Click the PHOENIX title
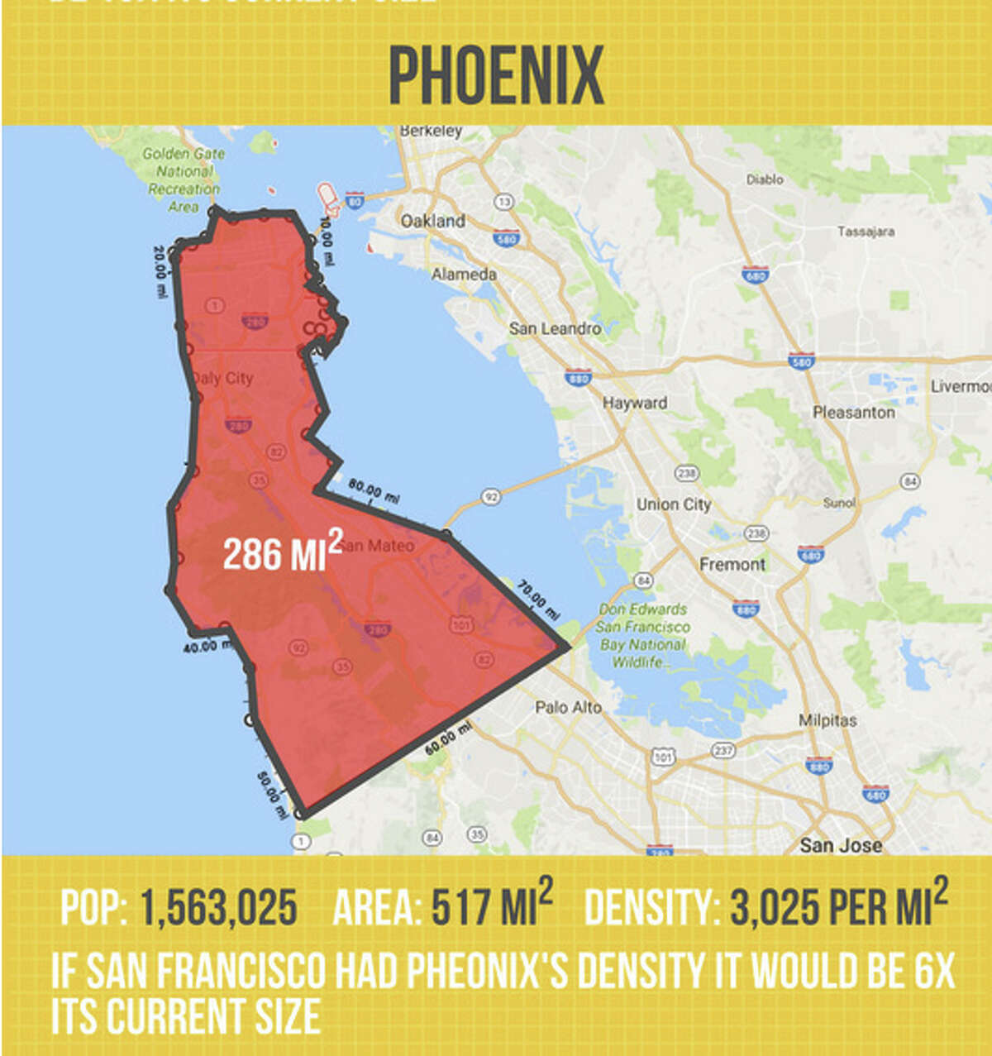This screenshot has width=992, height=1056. pyautogui.click(x=496, y=75)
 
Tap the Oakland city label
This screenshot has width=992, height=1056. pyautogui.click(x=432, y=221)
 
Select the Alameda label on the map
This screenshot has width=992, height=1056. pyautogui.click(x=464, y=274)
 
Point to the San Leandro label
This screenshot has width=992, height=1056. pyautogui.click(x=555, y=328)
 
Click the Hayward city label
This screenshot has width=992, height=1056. pyautogui.click(x=635, y=403)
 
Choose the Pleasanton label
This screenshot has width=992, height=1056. pyautogui.click(x=853, y=412)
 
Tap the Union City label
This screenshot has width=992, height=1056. pyautogui.click(x=673, y=504)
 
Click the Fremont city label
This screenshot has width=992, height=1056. pyautogui.click(x=732, y=564)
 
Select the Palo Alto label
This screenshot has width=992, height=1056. pyautogui.click(x=568, y=707)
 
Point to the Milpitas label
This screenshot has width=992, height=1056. pyautogui.click(x=827, y=720)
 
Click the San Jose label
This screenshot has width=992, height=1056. pyautogui.click(x=841, y=844)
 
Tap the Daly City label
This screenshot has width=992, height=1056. pyautogui.click(x=222, y=378)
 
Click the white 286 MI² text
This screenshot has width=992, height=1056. pyautogui.click(x=282, y=552)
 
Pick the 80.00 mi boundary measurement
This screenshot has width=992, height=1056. pyautogui.click(x=373, y=491)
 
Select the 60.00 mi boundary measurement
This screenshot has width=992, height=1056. pyautogui.click(x=449, y=737)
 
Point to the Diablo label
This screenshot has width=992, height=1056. pyautogui.click(x=765, y=179)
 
